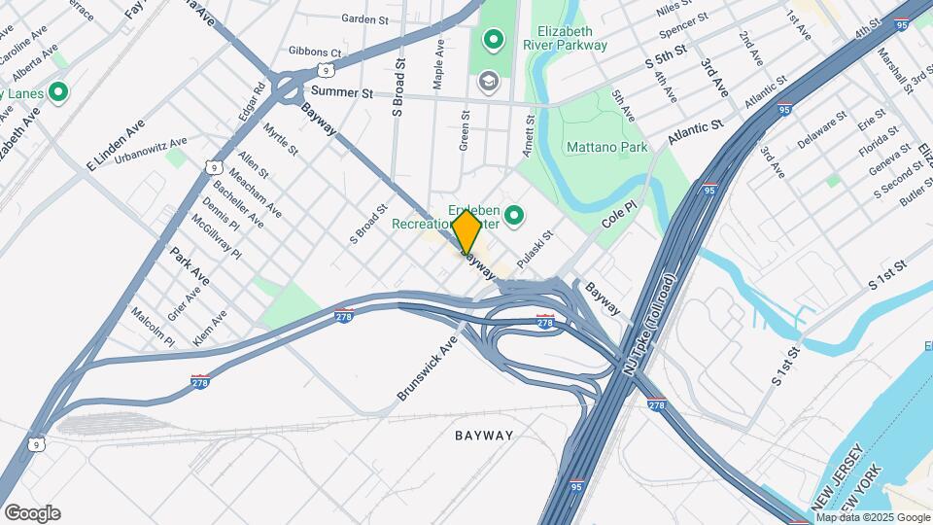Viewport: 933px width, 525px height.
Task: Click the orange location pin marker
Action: (x=466, y=231)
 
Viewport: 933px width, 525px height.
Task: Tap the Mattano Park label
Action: (x=606, y=148)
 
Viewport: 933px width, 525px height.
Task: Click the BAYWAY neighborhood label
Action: (x=483, y=436)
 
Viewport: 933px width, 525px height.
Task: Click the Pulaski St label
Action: (x=535, y=250)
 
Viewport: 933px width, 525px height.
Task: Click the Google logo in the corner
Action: (x=32, y=513)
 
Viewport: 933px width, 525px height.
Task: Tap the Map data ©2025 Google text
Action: (x=872, y=517)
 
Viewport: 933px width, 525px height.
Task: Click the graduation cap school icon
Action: (x=488, y=79)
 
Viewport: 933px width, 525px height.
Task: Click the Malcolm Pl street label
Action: (x=153, y=328)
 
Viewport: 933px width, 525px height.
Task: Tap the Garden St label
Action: (x=364, y=18)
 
